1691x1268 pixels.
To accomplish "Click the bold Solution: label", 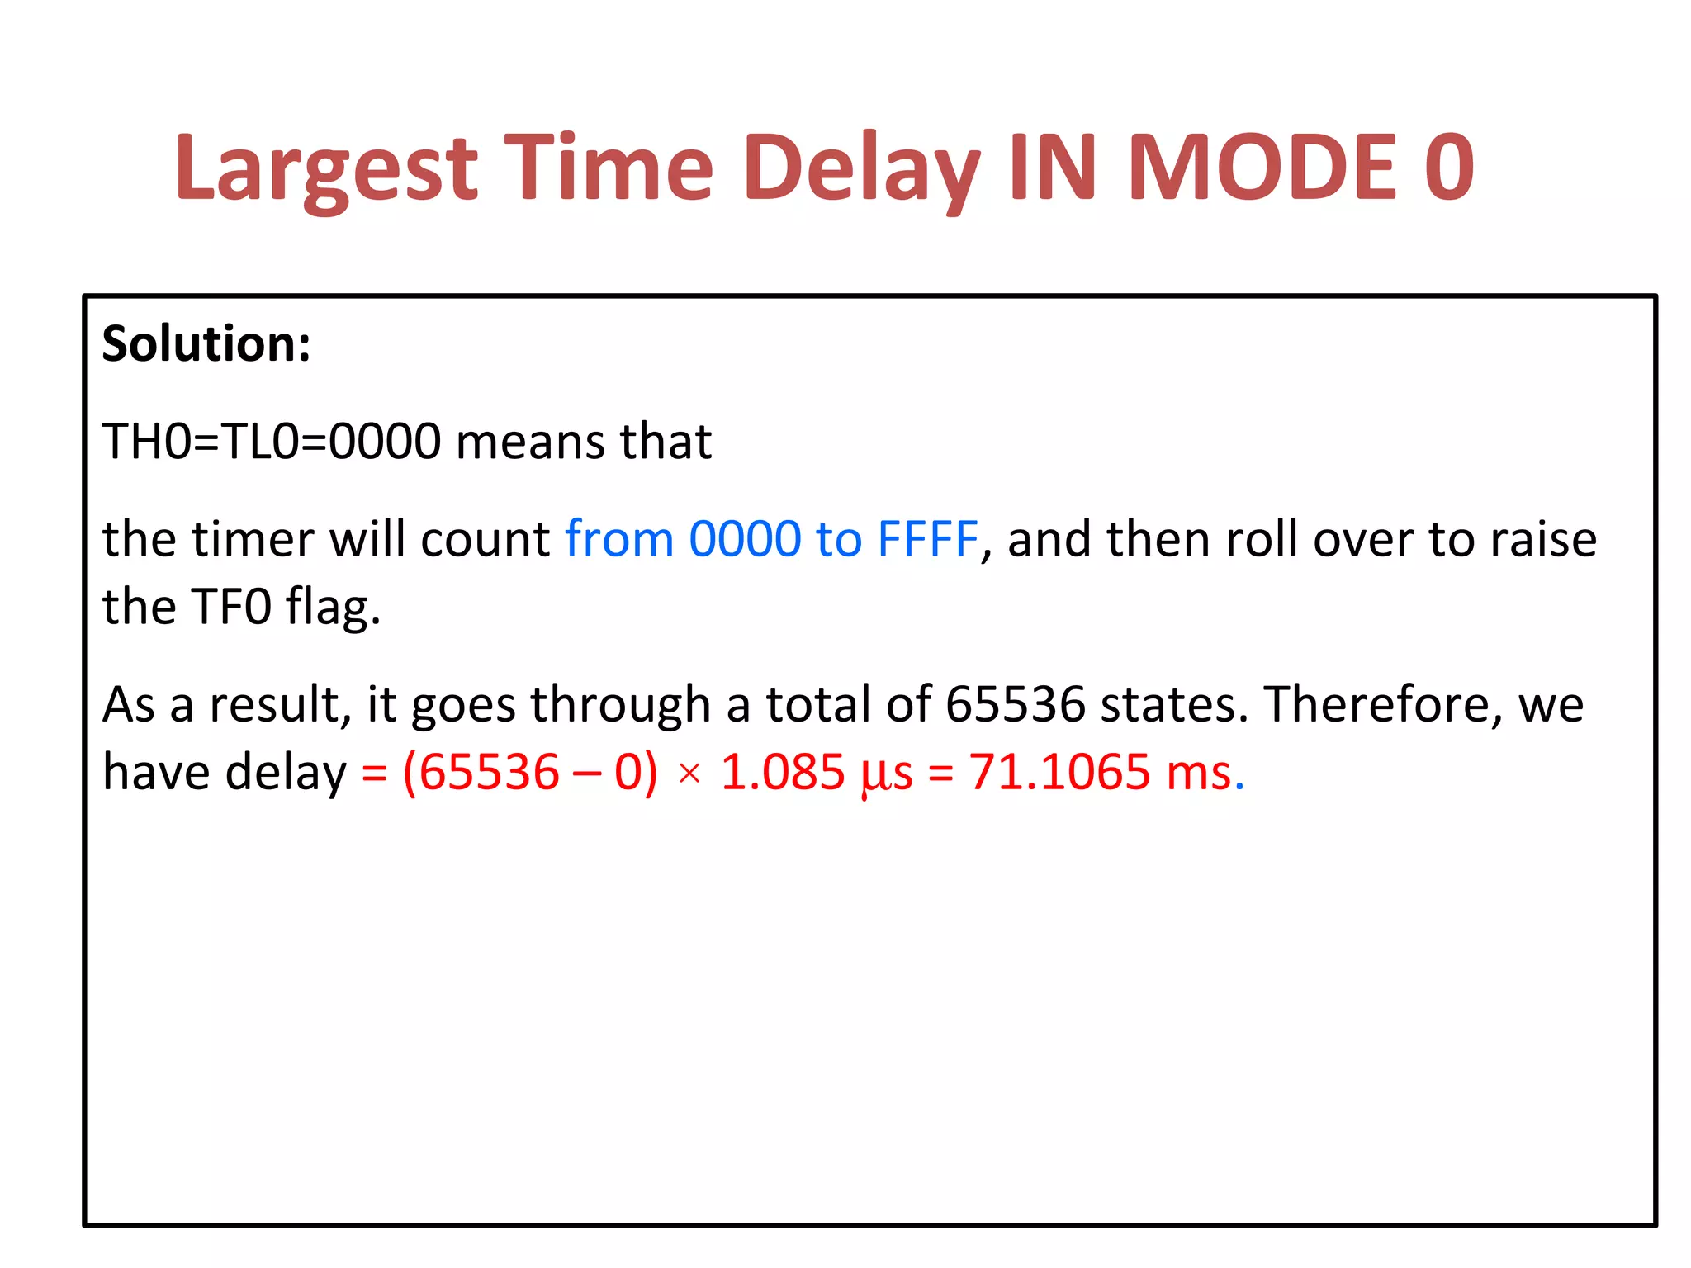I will point(206,343).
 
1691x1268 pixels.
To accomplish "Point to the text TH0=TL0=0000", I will point(272,441).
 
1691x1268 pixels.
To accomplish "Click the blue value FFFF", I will point(927,539).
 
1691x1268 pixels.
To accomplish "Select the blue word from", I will point(619,539).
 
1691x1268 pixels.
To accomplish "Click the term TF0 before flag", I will point(231,607).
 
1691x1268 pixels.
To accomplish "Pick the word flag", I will point(333,608).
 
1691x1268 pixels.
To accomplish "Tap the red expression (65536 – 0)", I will point(530,773).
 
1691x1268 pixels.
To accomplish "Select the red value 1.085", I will point(783,773).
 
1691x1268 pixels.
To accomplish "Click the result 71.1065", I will point(1059,773).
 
